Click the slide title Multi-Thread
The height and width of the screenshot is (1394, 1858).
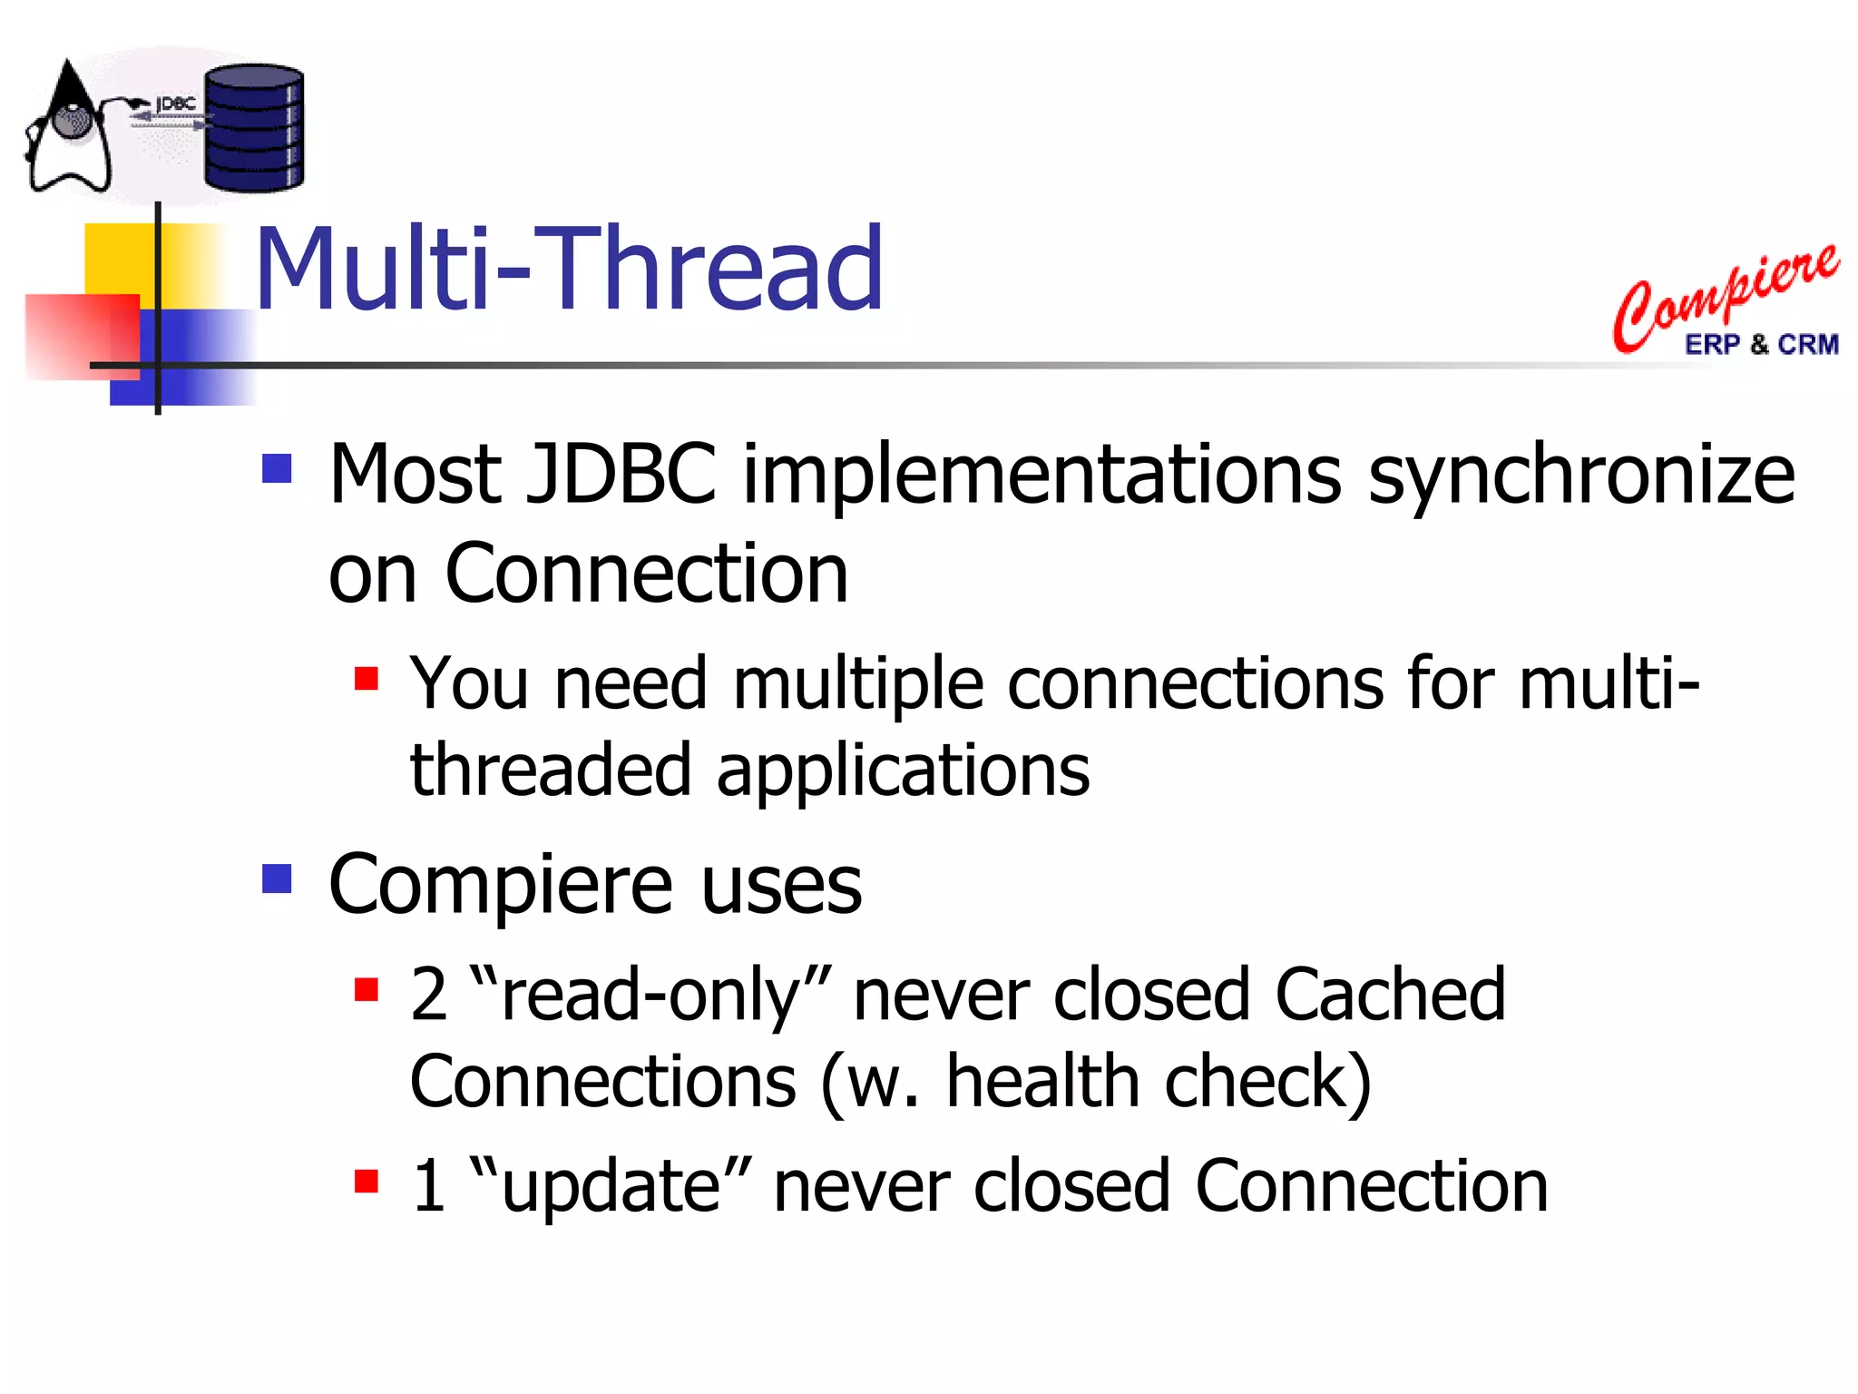pyautogui.click(x=569, y=270)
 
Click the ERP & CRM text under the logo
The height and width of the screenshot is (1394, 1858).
pyautogui.click(x=1761, y=345)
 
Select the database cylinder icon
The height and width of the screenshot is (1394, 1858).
pyautogui.click(x=253, y=129)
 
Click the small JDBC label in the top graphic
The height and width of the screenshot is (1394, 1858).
pyautogui.click(x=176, y=104)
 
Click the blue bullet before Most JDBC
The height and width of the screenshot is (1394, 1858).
pyautogui.click(x=277, y=468)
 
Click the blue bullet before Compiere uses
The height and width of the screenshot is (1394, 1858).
pyautogui.click(x=277, y=879)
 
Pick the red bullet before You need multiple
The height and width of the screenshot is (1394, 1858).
pyautogui.click(x=366, y=678)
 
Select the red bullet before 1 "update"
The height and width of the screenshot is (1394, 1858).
pyautogui.click(x=366, y=1181)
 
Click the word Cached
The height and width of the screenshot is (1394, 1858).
pyautogui.click(x=1390, y=995)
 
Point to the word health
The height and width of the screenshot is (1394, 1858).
pyautogui.click(x=1042, y=1082)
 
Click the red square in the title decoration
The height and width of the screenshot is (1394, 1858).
pyautogui.click(x=82, y=336)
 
